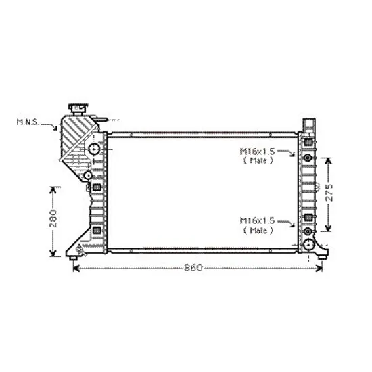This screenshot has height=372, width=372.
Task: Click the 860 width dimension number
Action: click(193, 268)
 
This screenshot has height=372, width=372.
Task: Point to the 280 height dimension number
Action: click(53, 218)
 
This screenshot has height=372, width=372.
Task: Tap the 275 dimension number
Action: click(329, 192)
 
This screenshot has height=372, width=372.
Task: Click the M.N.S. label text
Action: click(27, 122)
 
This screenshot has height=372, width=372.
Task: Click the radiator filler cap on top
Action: click(78, 108)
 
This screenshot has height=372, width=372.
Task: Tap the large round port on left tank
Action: click(94, 149)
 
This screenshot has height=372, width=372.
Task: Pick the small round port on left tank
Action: click(88, 175)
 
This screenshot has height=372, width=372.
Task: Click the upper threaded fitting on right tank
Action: click(308, 158)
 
